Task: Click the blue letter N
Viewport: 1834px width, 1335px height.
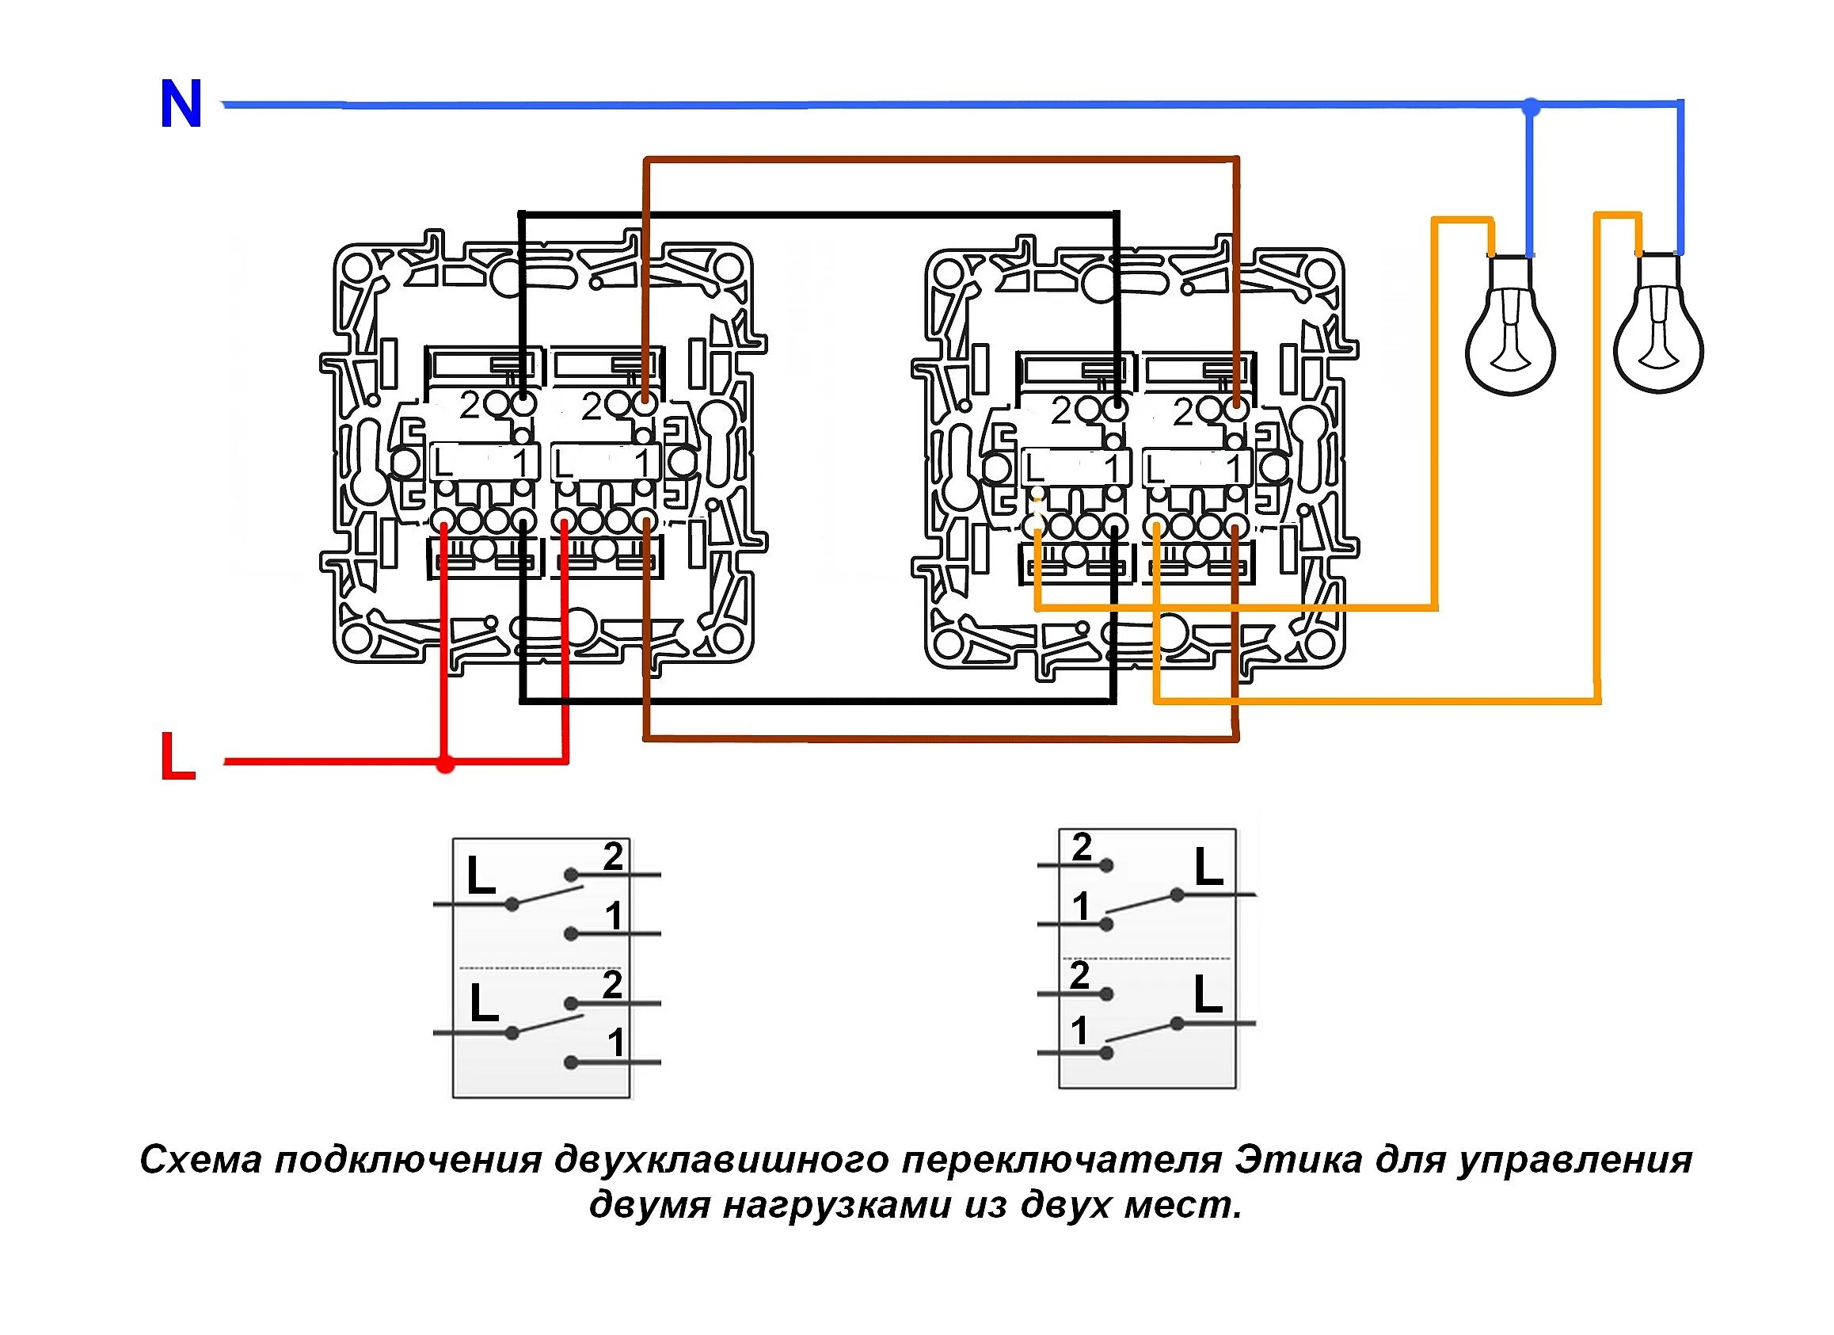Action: (181, 105)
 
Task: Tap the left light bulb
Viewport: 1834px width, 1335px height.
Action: (1511, 332)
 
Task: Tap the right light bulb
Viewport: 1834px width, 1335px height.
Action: (1657, 332)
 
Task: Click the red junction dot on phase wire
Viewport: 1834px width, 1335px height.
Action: (445, 763)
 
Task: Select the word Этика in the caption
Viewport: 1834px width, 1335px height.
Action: (1299, 1160)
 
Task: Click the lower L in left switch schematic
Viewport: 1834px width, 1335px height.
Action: (484, 1004)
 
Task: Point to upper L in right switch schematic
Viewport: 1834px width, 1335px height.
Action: (1209, 868)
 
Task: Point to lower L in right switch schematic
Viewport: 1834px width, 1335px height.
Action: (1208, 995)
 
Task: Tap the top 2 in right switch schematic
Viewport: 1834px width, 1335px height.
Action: (1082, 847)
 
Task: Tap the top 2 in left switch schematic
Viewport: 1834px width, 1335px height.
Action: (613, 856)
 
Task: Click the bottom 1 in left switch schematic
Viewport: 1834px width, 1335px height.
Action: (616, 1043)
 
